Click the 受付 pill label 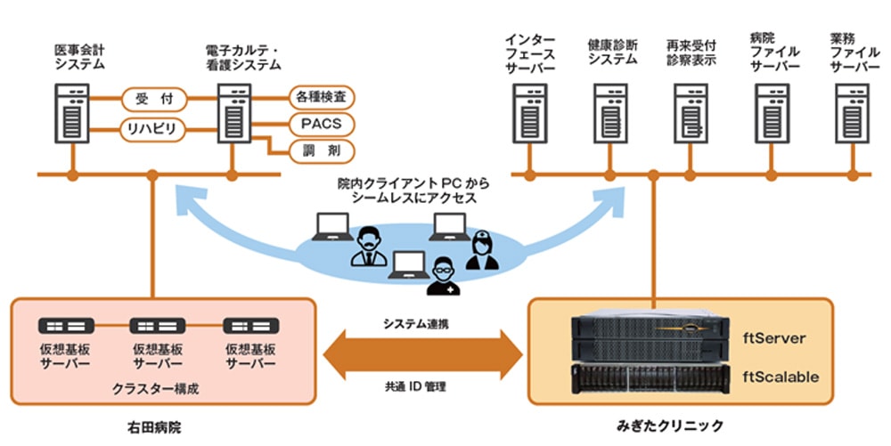pos(154,100)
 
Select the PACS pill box pos(322,125)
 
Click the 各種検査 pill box pos(322,98)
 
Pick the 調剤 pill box pos(322,151)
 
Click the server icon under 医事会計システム pos(72,113)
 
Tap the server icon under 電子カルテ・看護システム pos(234,113)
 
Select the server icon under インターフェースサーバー pos(529,113)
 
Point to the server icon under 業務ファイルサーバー pos(853,113)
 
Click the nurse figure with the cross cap pos(482,249)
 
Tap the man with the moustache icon pos(369,246)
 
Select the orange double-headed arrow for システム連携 pos(422,355)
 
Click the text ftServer pos(774,339)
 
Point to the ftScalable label pos(781,377)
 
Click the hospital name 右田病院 pos(154,427)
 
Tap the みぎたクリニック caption pos(670,425)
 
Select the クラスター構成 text pos(155,389)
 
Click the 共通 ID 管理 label pos(415,387)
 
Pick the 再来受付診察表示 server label pos(691,53)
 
